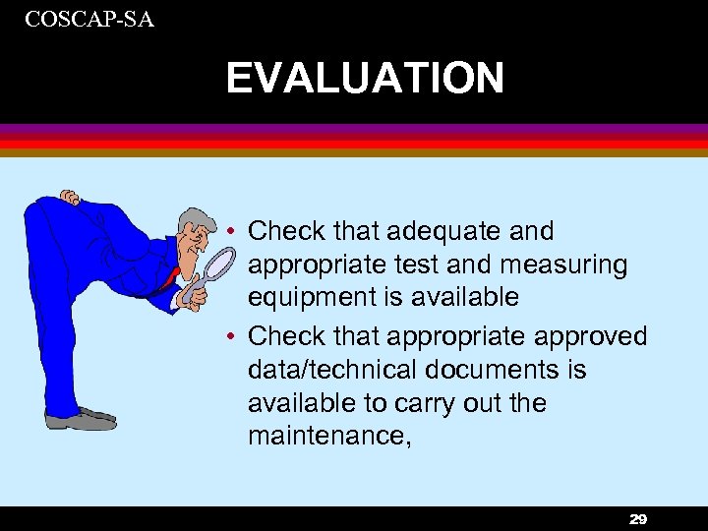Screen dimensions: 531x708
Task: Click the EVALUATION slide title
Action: (x=365, y=79)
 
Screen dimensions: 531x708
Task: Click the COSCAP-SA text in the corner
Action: (x=89, y=18)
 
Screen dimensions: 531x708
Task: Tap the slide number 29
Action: (x=637, y=519)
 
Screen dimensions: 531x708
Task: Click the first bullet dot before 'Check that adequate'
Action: (x=228, y=232)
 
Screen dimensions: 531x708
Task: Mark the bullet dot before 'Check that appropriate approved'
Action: (x=228, y=337)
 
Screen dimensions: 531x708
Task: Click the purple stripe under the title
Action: (x=354, y=129)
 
